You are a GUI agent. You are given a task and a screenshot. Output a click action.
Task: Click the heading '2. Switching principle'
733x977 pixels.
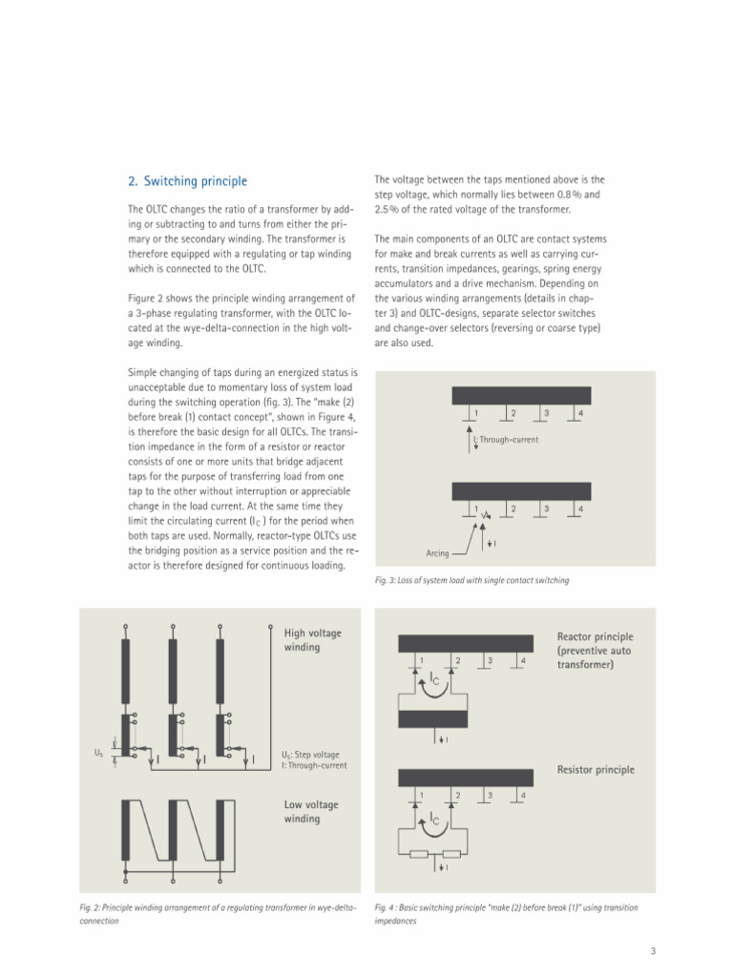(187, 181)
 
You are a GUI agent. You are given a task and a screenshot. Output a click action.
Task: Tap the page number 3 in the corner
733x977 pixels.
(653, 950)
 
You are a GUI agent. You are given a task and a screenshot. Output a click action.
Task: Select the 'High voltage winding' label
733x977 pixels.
(312, 640)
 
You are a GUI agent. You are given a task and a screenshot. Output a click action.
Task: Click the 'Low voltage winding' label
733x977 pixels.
(311, 812)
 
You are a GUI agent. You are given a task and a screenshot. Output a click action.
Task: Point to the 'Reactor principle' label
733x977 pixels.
(595, 651)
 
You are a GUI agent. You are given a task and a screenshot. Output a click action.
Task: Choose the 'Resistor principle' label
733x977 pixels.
(596, 769)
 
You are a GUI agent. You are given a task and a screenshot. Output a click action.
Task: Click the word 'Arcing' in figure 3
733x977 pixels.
(436, 553)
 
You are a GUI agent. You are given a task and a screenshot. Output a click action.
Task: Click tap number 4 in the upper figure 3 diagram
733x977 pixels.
(580, 413)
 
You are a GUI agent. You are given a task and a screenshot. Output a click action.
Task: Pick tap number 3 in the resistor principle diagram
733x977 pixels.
(490, 795)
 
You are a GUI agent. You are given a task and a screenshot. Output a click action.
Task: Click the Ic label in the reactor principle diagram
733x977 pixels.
(435, 680)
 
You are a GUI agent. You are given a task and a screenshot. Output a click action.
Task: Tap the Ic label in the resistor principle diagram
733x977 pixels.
(435, 819)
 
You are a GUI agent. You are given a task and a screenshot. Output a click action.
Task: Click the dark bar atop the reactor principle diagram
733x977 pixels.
(465, 642)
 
